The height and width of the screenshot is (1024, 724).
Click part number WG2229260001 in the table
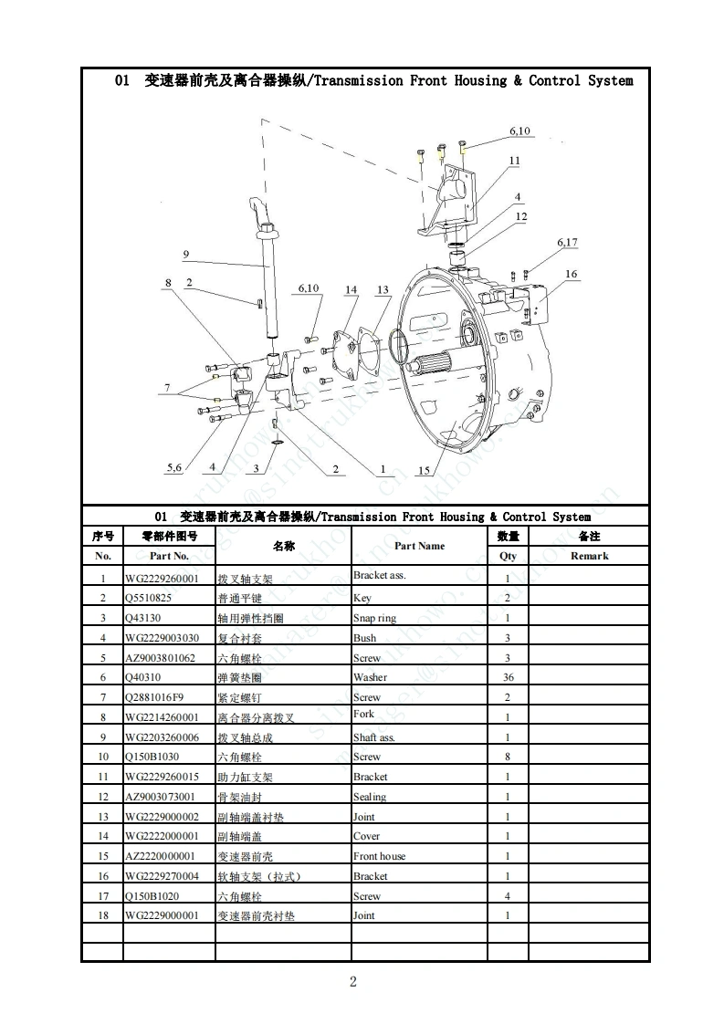[x=161, y=578]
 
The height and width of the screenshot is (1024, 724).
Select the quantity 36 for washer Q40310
[x=508, y=677]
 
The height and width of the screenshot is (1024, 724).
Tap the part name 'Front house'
[x=379, y=856]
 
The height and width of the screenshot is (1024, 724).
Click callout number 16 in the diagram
[x=571, y=275]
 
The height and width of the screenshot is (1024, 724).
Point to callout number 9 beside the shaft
[x=185, y=255]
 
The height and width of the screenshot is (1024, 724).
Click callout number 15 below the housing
[x=424, y=471]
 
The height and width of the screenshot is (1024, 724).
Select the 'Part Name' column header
[x=419, y=546]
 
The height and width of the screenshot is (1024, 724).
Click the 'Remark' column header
[x=589, y=556]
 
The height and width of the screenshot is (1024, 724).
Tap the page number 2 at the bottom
[x=353, y=982]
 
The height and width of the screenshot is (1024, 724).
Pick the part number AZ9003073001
[x=160, y=797]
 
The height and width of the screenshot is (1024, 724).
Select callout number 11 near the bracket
[x=515, y=161]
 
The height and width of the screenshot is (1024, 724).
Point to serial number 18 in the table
[x=103, y=914]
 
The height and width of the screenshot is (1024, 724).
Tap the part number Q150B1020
[x=152, y=896]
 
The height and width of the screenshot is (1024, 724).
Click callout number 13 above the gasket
[x=383, y=290]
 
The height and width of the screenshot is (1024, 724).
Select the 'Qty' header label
[x=508, y=556]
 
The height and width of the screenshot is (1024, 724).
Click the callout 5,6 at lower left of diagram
[x=174, y=468]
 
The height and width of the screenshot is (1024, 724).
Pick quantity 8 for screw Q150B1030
[x=508, y=757]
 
